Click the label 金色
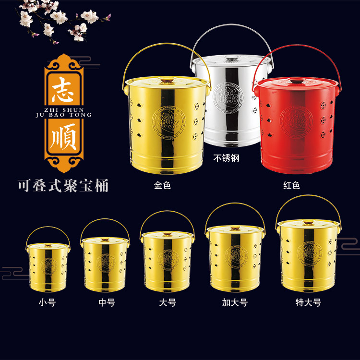click(x=162, y=185)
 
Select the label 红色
click(x=291, y=185)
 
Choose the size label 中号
click(x=106, y=303)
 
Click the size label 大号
click(x=168, y=303)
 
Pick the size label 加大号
click(x=235, y=303)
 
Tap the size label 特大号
click(x=308, y=303)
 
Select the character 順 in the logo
click(x=64, y=136)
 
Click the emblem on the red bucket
click(x=296, y=120)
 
